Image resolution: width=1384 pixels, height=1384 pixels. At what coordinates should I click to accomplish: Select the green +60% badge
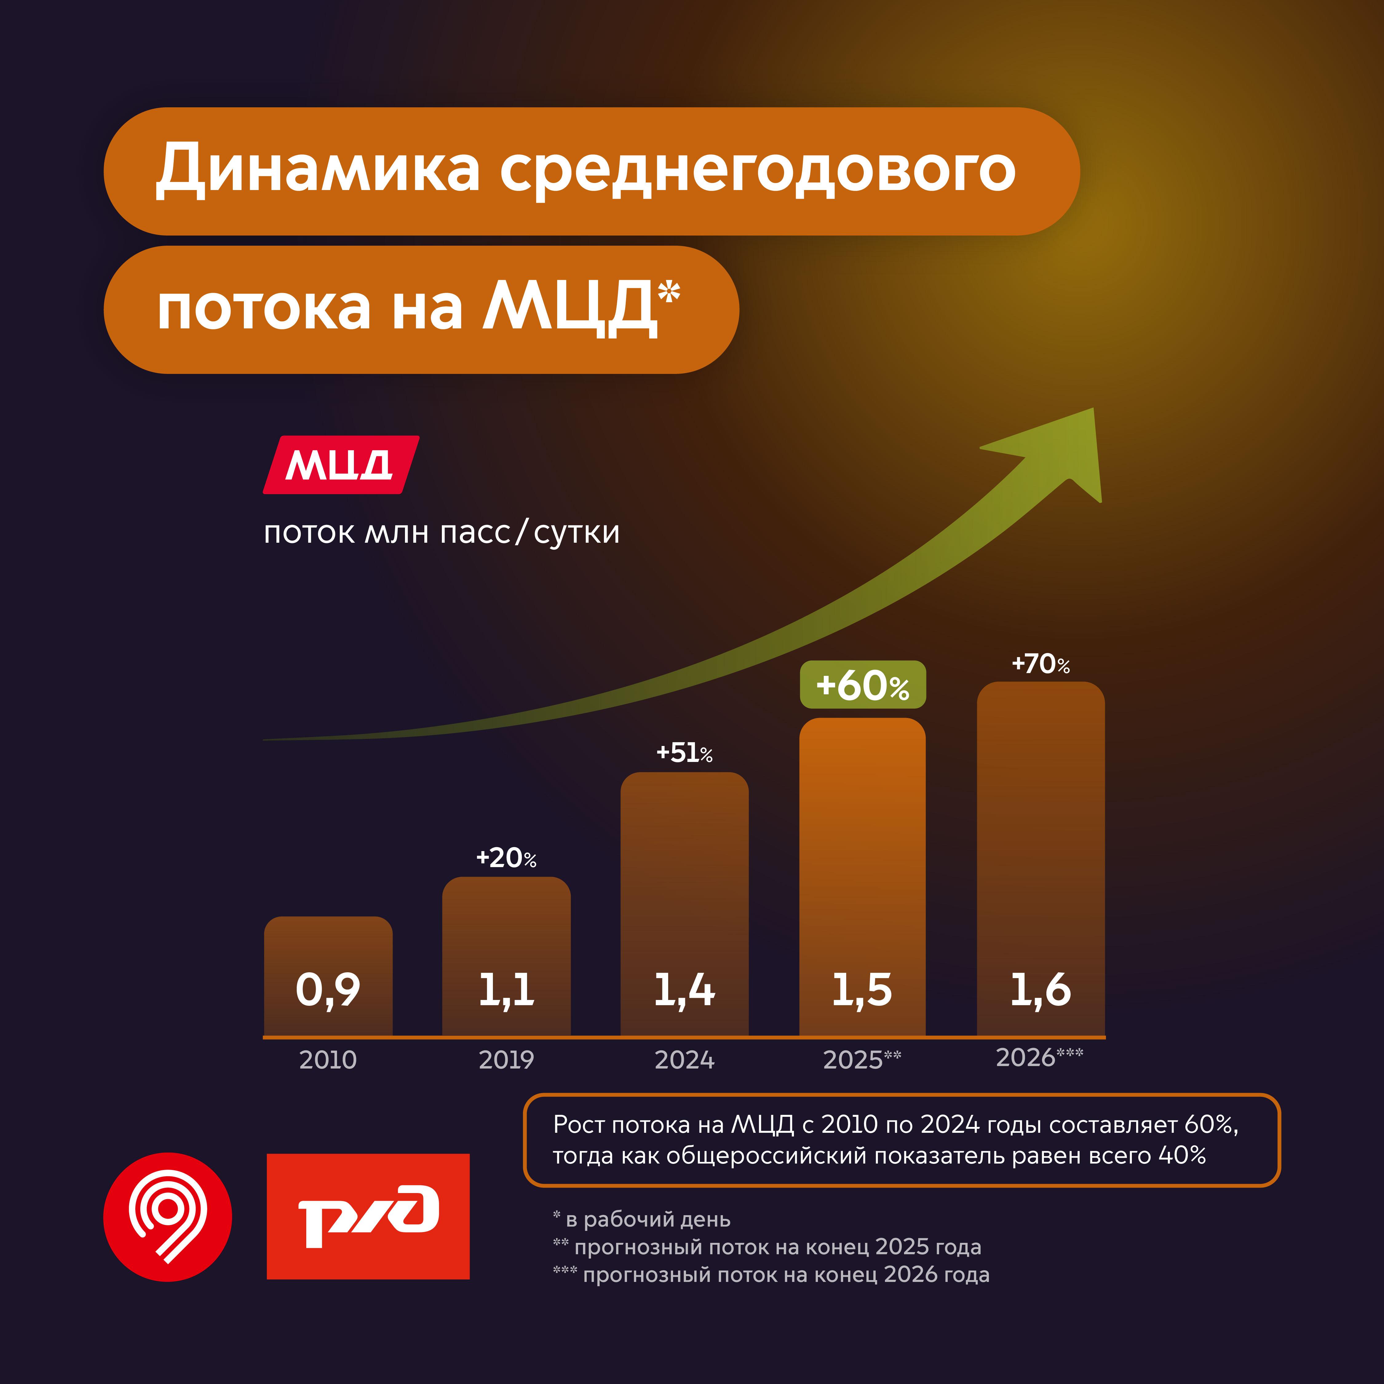[x=863, y=685]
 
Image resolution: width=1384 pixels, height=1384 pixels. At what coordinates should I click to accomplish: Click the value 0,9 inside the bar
[x=328, y=990]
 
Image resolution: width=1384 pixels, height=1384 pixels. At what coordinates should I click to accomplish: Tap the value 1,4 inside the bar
[x=684, y=990]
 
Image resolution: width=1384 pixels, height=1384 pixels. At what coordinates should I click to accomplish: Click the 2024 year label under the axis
[x=684, y=1060]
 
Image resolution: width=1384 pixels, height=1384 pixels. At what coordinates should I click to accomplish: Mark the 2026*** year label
[x=1039, y=1057]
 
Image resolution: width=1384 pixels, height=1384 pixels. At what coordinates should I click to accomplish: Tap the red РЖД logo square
[x=368, y=1216]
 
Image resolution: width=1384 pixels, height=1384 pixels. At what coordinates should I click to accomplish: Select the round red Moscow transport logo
[x=168, y=1216]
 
